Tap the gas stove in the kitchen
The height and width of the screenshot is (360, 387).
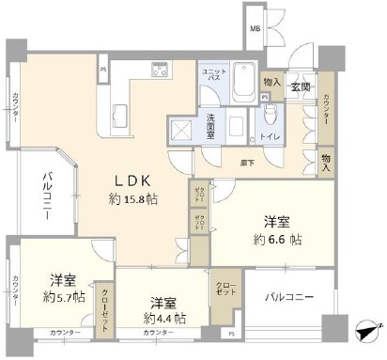coord(159,70)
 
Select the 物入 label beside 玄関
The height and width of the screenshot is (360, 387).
coord(271,83)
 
